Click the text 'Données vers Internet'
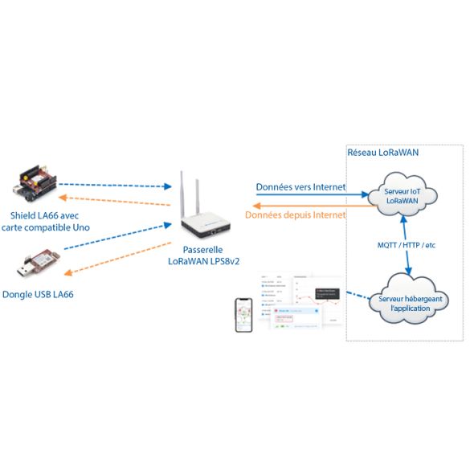click(300, 187)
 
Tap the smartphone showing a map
click(243, 316)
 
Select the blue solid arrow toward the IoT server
click(300, 196)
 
